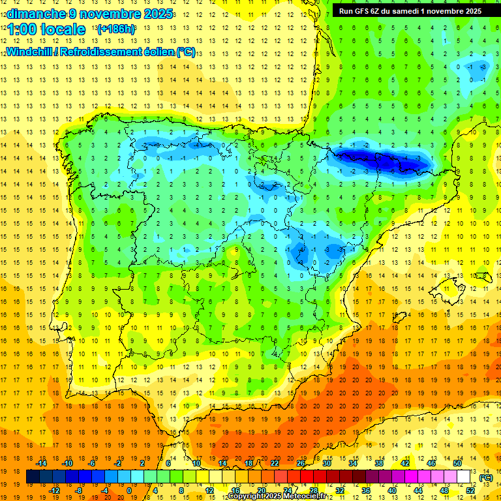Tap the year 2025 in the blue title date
coord(159,14)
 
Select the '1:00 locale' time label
coord(46,29)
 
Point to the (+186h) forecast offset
coord(115,29)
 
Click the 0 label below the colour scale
coord(129,491)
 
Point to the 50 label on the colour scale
coord(457,463)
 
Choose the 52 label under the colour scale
coord(470,491)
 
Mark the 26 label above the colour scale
coord(301,463)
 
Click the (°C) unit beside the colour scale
coord(485,478)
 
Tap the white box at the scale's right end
coord(464,477)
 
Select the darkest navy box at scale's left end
coord(33,477)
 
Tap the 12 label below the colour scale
coord(210,491)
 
